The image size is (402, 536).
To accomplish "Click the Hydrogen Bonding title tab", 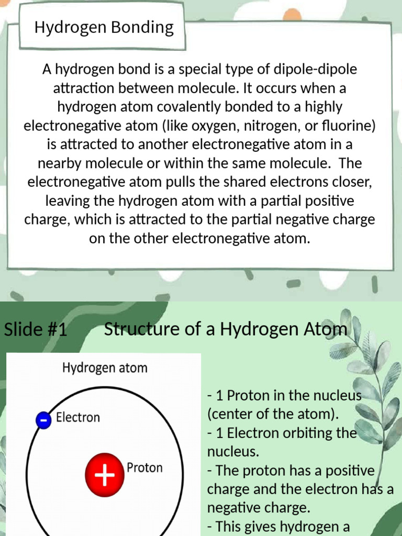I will (x=104, y=27).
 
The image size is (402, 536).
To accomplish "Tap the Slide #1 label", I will (x=36, y=330).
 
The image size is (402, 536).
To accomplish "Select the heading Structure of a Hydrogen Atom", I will (x=225, y=329).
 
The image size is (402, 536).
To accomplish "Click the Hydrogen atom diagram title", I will (x=105, y=368).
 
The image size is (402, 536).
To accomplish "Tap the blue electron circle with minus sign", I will (x=44, y=420).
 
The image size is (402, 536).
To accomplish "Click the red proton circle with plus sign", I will (x=105, y=475).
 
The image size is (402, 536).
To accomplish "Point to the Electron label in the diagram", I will (x=77, y=418).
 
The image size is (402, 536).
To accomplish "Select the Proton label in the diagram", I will (x=144, y=467).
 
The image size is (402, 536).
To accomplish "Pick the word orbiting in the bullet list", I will (x=303, y=434).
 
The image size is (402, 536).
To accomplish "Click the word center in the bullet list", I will (x=228, y=415).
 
